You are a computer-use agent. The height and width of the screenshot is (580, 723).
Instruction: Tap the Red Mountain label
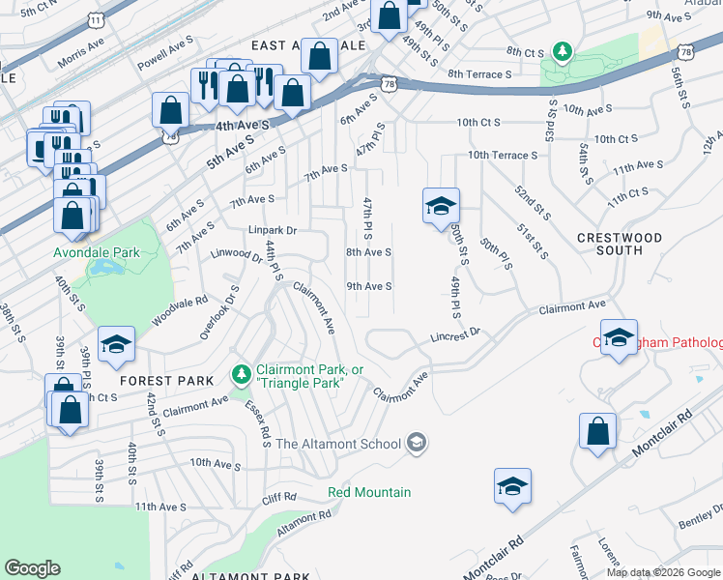pos(369,492)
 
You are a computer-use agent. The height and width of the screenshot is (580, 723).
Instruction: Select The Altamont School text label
pos(337,444)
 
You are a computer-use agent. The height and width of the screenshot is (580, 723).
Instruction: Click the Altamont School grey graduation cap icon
pos(417,443)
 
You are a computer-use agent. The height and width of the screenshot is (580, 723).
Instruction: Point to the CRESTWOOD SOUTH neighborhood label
pos(620,244)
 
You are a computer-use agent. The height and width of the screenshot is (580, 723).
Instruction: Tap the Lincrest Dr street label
pos(455,334)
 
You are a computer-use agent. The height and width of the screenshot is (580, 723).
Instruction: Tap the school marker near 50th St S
pos(440,205)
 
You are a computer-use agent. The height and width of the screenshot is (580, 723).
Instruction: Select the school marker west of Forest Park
pos(115,344)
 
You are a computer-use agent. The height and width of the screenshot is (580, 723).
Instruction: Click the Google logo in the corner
pos(32,568)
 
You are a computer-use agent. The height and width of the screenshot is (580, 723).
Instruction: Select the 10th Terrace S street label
pos(502,155)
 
